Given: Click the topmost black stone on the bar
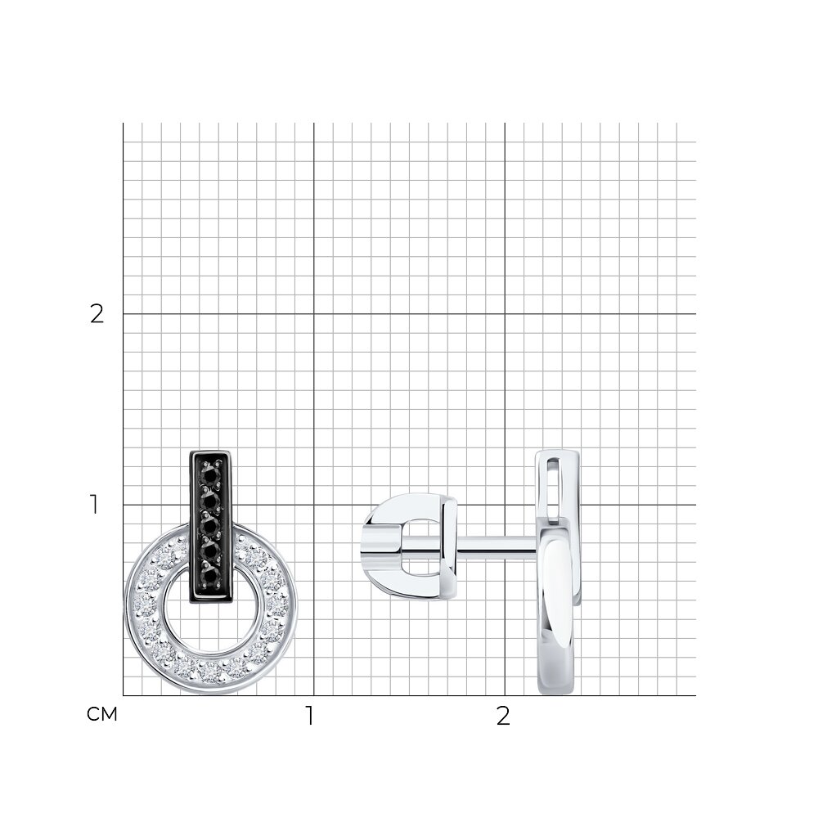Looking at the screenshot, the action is pyautogui.click(x=211, y=475).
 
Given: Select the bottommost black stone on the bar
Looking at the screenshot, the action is pyautogui.click(x=211, y=577).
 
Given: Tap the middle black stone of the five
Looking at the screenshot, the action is pyautogui.click(x=211, y=526).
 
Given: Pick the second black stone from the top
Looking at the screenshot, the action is pyautogui.click(x=211, y=501).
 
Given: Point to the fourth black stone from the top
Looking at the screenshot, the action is pyautogui.click(x=211, y=551).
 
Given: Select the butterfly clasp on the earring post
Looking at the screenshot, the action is pyautogui.click(x=410, y=546).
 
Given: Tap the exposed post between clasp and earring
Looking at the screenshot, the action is pyautogui.click(x=497, y=545).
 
